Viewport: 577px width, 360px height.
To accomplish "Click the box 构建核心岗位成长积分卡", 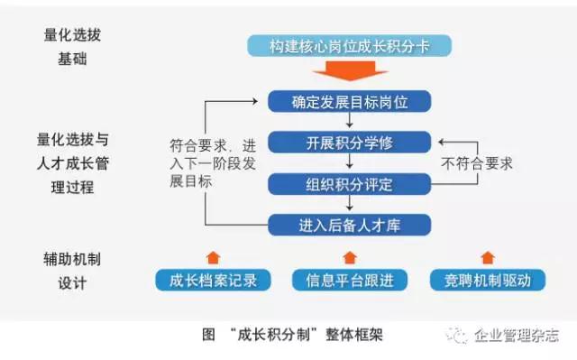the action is click(x=349, y=46).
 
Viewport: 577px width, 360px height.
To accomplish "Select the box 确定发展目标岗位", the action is click(x=349, y=102).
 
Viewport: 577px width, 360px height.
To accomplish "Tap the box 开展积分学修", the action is click(x=349, y=143).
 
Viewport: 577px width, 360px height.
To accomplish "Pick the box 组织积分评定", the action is click(x=349, y=184).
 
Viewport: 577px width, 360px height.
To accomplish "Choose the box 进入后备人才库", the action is click(x=349, y=225).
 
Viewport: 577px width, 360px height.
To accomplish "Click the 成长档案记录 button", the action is click(x=213, y=280).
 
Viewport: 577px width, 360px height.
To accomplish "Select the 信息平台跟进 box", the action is click(x=350, y=280).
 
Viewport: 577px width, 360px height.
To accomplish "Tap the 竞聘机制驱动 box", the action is click(x=488, y=280).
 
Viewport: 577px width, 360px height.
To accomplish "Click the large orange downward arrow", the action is click(x=350, y=70).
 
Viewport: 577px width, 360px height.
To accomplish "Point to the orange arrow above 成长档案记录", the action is click(x=214, y=258).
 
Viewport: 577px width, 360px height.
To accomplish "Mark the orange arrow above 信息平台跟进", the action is click(x=350, y=258).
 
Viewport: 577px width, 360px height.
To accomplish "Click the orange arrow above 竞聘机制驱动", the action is click(x=488, y=258).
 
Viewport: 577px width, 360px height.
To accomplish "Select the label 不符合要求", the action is click(x=477, y=163).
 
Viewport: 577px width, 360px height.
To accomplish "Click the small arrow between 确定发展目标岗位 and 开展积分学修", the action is click(x=350, y=120).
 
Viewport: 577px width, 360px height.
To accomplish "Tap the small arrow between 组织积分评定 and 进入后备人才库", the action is click(x=350, y=203).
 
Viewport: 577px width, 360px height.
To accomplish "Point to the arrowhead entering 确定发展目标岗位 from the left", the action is click(x=254, y=101).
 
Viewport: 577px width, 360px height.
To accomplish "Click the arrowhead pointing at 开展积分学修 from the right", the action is click(x=442, y=142).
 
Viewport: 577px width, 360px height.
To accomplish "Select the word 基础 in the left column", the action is click(x=72, y=59).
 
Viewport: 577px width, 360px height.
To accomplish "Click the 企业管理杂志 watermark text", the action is click(x=517, y=335).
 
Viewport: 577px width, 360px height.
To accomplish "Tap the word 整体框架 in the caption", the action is click(x=354, y=335).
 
